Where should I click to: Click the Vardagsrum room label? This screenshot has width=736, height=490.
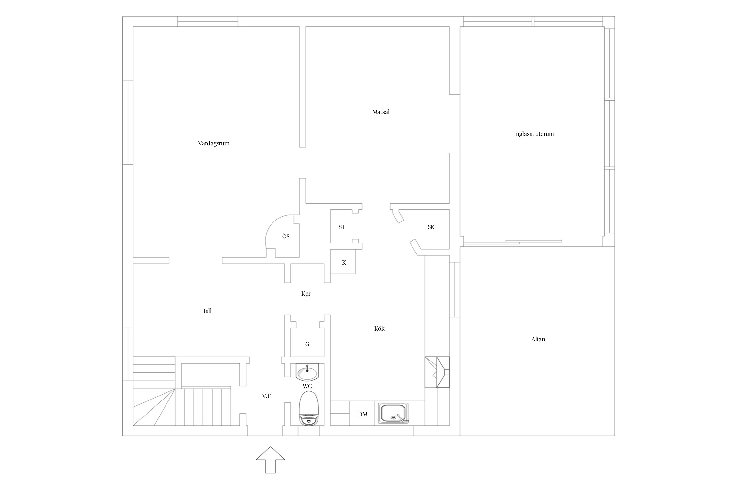click(x=214, y=143)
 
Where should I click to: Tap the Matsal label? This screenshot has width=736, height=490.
click(x=381, y=112)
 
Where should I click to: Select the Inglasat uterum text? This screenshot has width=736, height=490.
click(x=534, y=134)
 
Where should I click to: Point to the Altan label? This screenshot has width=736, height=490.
click(x=538, y=339)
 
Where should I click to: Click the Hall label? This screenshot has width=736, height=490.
click(x=206, y=311)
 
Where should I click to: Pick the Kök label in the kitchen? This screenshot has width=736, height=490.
click(x=379, y=329)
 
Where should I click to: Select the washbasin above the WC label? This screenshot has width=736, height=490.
click(x=307, y=372)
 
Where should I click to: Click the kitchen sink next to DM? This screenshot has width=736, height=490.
click(x=394, y=413)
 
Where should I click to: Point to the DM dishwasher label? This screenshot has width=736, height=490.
click(x=363, y=414)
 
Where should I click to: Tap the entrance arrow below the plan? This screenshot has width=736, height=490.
click(x=271, y=460)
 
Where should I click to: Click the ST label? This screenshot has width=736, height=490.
click(x=342, y=227)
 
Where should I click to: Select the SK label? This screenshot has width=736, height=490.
click(x=431, y=227)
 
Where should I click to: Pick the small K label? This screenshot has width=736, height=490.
click(x=344, y=263)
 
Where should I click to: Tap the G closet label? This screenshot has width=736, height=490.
click(x=307, y=344)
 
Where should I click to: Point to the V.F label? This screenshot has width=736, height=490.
click(x=266, y=396)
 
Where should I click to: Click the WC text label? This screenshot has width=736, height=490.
click(x=307, y=386)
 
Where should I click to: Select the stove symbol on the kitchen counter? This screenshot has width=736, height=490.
click(x=437, y=372)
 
